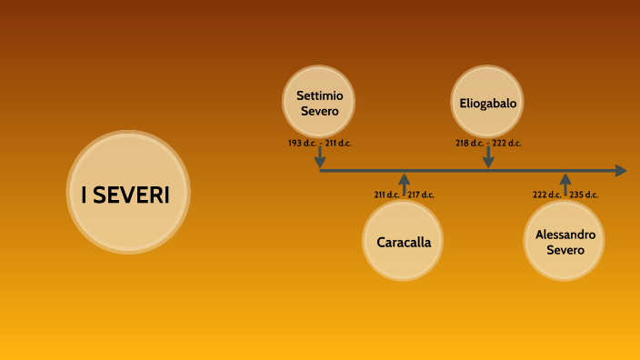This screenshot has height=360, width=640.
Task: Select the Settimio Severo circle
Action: pos(319,103)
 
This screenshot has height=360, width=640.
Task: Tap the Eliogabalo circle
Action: pos(488,103)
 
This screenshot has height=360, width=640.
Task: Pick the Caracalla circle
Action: pos(403,241)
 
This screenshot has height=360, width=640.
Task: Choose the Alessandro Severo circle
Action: pos(565,241)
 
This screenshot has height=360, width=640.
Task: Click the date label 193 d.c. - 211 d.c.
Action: pos(319,144)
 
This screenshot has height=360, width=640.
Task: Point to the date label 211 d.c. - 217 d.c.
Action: pos(404,195)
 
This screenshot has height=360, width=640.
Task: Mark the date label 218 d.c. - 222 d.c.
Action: pos(488,144)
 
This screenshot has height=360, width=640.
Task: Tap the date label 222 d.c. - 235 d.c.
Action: pos(565,195)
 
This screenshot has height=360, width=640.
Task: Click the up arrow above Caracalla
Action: pos(404,181)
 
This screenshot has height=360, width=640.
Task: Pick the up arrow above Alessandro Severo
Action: pos(565,181)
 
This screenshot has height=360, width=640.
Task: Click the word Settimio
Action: pos(319,95)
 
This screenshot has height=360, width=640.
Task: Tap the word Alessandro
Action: pos(565,234)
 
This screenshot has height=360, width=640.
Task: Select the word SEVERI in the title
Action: pos(138,195)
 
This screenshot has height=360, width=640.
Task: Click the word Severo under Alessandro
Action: pos(565,249)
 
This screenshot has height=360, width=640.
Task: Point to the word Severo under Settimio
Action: pos(319,111)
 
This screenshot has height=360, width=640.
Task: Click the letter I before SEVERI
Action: pos(85,195)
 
